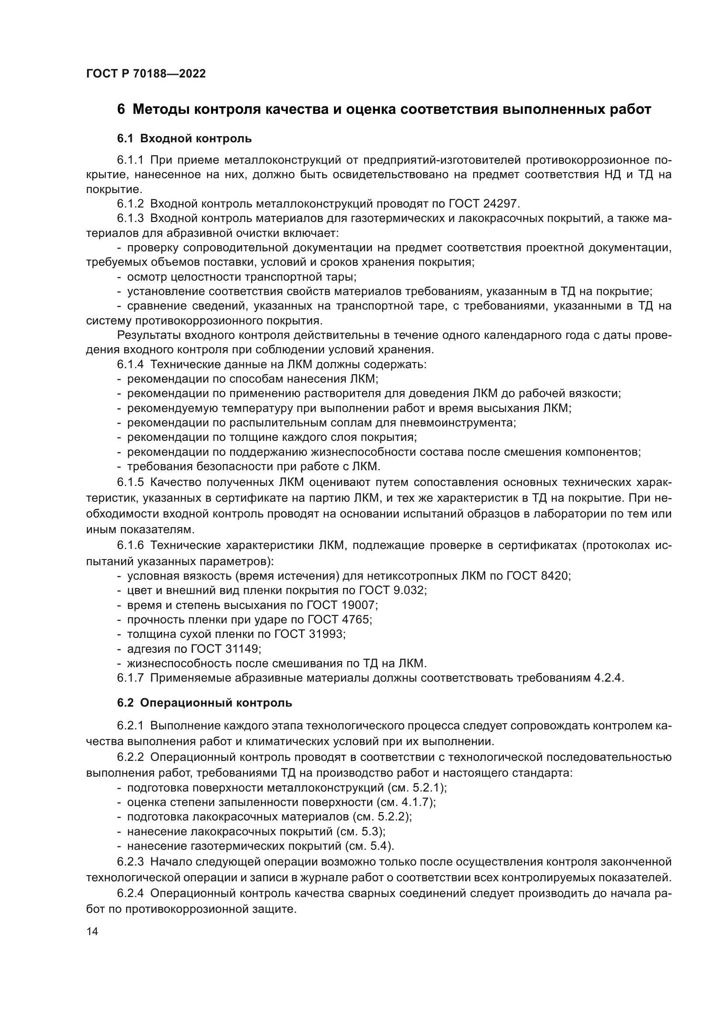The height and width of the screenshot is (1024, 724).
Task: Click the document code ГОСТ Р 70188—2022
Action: pos(146,74)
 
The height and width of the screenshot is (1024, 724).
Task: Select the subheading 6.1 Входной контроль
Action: pos(184,139)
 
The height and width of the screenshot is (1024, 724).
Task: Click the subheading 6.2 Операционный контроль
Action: pos(204,703)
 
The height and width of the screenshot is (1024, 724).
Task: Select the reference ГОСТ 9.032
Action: pos(392,591)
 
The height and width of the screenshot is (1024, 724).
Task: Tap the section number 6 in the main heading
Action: pos(121,109)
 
